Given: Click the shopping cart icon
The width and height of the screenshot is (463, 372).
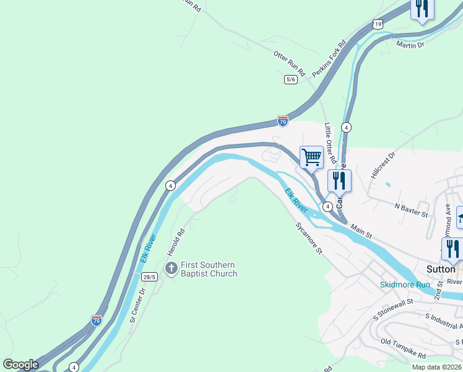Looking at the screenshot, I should pyautogui.click(x=311, y=157).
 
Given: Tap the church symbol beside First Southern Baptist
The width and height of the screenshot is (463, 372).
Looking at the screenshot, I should pyautogui.click(x=171, y=268).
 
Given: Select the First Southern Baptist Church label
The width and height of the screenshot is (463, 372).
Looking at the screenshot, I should pyautogui.click(x=209, y=269).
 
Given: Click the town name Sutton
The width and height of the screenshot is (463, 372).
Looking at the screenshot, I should pyautogui.click(x=441, y=269).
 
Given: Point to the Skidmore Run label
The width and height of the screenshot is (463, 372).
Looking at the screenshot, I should pyautogui.click(x=404, y=285).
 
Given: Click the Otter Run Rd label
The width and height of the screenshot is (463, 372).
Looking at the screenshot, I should pyautogui.click(x=290, y=63).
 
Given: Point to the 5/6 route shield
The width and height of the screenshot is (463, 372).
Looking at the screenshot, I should pyautogui.click(x=291, y=79).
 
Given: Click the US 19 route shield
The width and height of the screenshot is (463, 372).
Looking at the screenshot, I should pyautogui.click(x=378, y=24).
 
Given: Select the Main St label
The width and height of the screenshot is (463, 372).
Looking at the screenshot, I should pyautogui.click(x=361, y=232).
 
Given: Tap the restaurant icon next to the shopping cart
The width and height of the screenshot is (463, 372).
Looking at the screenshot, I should pyautogui.click(x=339, y=180).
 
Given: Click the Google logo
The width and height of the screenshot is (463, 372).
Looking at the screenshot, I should pyautogui.click(x=20, y=365).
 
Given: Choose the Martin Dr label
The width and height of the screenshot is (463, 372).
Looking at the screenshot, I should pyautogui.click(x=410, y=45).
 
